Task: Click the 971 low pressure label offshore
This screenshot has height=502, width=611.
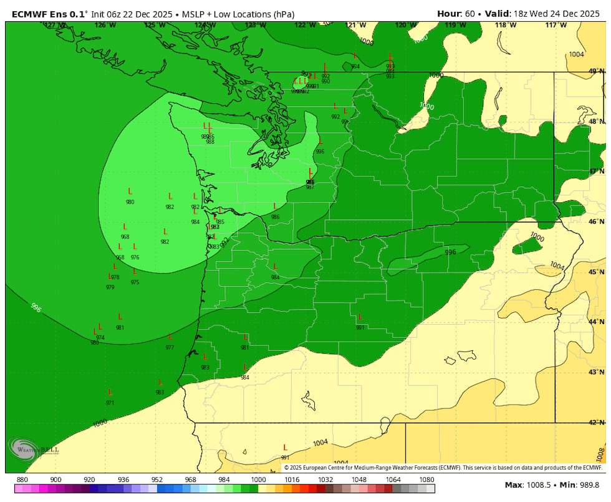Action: point(110,403)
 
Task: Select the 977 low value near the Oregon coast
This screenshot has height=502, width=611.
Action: point(170,347)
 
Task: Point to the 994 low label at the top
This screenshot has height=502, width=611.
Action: point(355,66)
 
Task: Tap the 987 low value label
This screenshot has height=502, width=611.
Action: point(310,187)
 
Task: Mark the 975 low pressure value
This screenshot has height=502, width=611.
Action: point(135,282)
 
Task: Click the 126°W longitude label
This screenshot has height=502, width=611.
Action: point(105,25)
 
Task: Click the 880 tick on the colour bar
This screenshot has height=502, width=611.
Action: point(22,480)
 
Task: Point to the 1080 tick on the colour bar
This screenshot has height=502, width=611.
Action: point(427,480)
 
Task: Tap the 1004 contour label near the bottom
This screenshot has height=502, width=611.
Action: point(320,443)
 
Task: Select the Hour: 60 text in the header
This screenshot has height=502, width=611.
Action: point(458,13)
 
